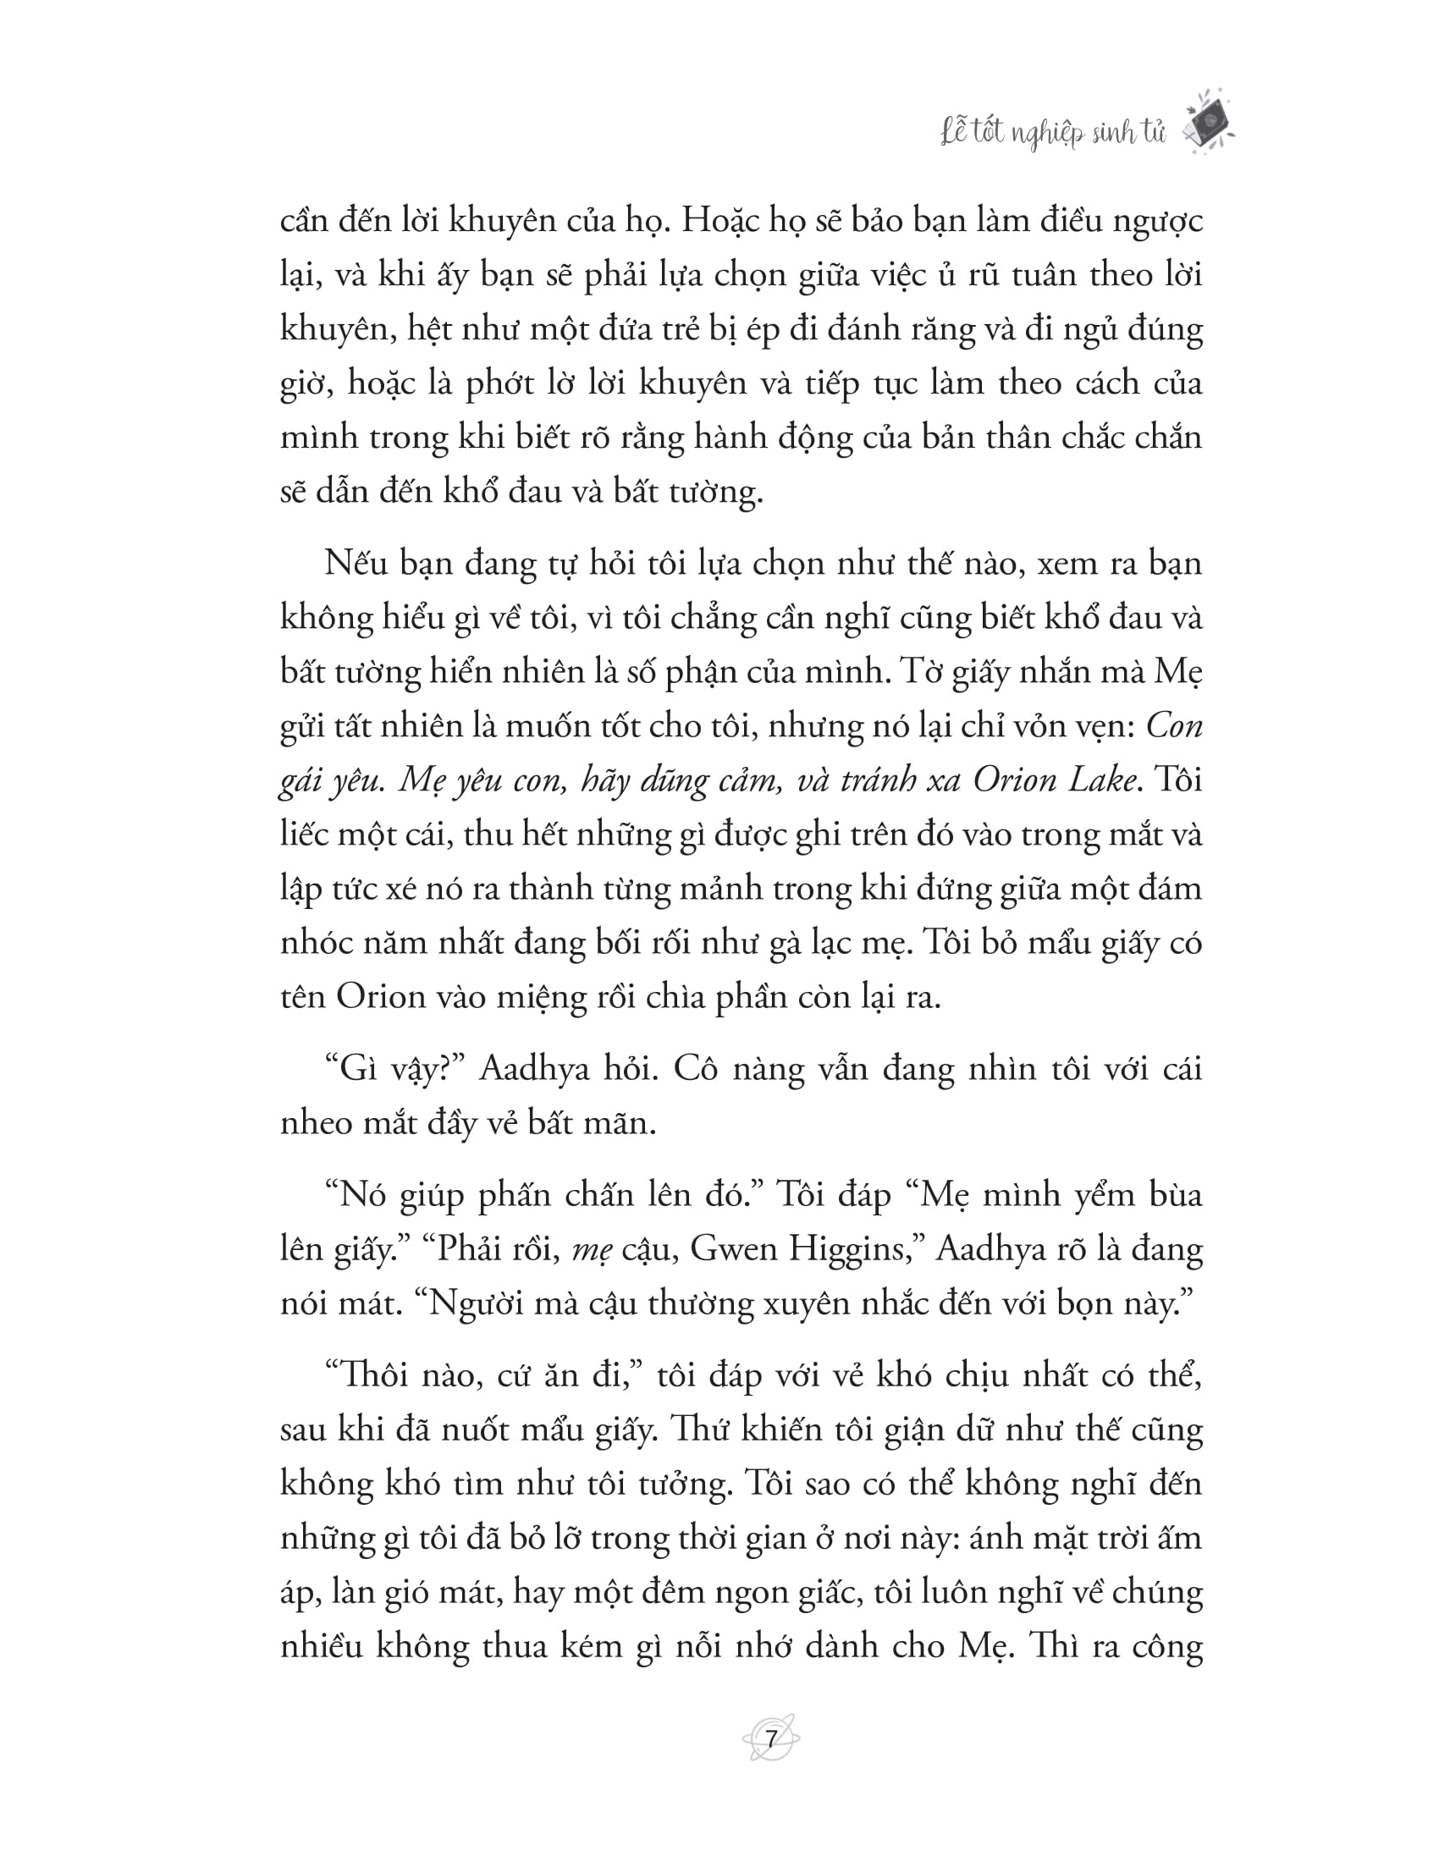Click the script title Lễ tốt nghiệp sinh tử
(x=1053, y=133)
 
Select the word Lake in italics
(x=1098, y=780)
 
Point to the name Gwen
(x=726, y=1248)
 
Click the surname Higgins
(x=855, y=1250)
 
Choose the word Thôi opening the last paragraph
(x=366, y=1375)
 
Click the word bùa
(x=1172, y=1194)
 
